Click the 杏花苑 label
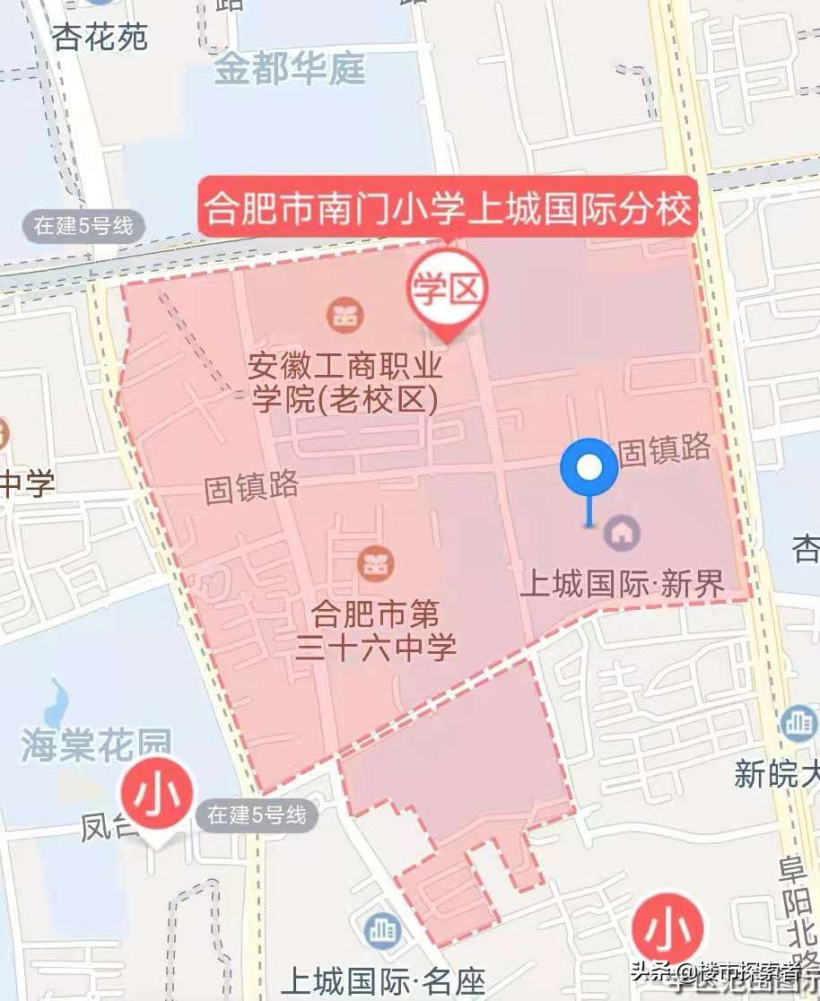click(100, 37)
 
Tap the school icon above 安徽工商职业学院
click(341, 315)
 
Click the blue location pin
click(589, 468)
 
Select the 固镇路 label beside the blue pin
click(665, 449)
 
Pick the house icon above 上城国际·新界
click(621, 534)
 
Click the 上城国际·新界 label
click(622, 585)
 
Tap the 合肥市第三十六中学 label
click(376, 630)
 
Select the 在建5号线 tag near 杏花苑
click(83, 225)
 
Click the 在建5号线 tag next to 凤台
click(257, 814)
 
